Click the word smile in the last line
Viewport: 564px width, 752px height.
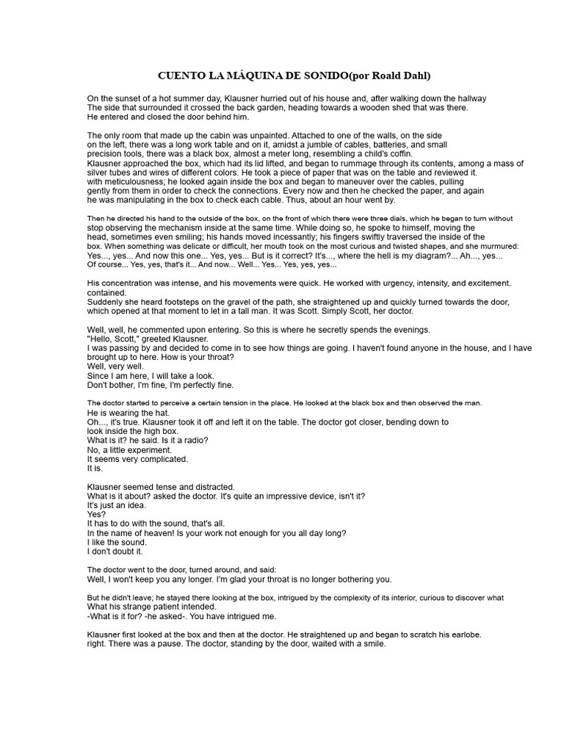coord(371,643)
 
